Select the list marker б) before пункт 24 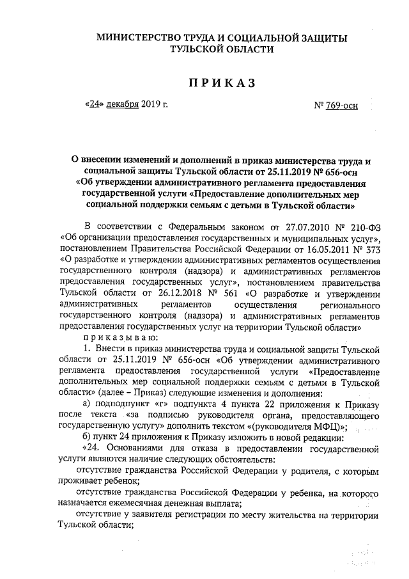point(89,438)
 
